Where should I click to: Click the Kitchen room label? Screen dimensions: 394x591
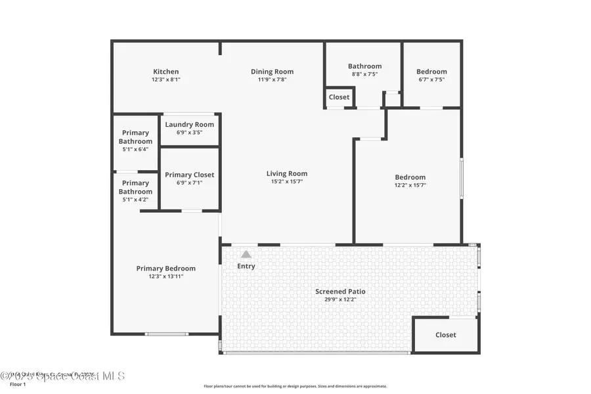166,72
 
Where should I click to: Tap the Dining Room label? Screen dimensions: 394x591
272,72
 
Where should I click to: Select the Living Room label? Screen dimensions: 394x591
287,173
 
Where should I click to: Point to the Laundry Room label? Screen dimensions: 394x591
189,124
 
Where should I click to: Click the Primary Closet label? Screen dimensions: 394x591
189,175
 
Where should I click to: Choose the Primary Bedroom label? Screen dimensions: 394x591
165,268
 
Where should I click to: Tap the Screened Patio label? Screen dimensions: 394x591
340,292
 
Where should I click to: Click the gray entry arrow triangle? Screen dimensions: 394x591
246,254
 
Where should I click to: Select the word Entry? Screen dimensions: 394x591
246,266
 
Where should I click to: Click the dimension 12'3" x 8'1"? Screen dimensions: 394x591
166,79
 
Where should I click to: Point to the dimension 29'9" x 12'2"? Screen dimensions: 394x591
340,299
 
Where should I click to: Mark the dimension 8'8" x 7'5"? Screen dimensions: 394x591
364,74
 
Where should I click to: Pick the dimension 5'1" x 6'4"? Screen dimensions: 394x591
135,149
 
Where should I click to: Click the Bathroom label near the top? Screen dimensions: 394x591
364,66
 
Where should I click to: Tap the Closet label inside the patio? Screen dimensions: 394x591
445,335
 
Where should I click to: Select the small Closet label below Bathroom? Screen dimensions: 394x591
339,97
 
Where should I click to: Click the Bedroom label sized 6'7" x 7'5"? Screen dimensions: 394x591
431,72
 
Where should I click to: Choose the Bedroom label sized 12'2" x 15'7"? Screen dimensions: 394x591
410,177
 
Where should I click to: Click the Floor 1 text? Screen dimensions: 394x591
18,384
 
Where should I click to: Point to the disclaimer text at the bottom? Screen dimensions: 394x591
295,386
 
